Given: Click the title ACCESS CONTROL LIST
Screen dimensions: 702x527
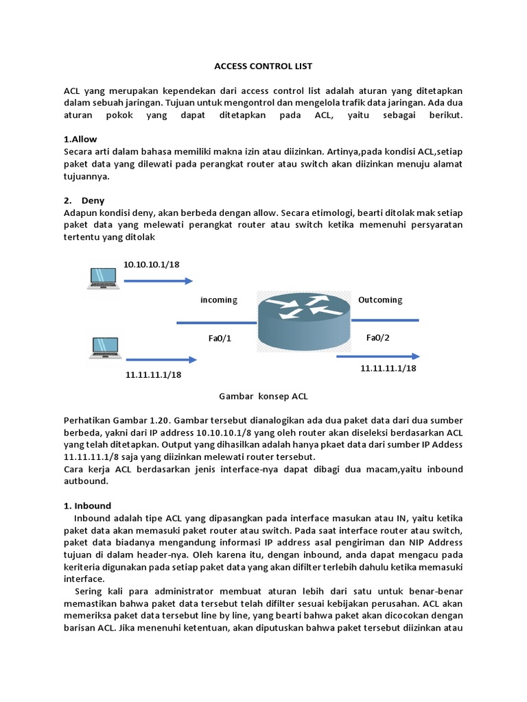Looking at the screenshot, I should pyautogui.click(x=263, y=66).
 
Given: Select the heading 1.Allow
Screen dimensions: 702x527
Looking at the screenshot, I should pyautogui.click(x=80, y=139).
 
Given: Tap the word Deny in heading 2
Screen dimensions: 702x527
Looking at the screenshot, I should pyautogui.click(x=93, y=201).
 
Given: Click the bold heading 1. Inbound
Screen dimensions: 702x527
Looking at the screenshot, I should pyautogui.click(x=87, y=506).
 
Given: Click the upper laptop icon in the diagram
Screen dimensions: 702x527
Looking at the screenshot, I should pyautogui.click(x=104, y=278).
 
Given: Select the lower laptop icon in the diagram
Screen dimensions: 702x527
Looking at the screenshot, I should pyautogui.click(x=104, y=348).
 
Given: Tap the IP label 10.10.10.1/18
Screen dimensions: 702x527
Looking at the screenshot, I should pyautogui.click(x=151, y=264).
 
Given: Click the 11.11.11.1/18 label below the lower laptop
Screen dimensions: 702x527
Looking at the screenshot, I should pyautogui.click(x=153, y=375).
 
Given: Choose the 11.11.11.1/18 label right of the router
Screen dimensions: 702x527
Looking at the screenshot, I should pyautogui.click(x=388, y=368).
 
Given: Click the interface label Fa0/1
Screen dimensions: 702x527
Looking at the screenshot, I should pyautogui.click(x=220, y=338).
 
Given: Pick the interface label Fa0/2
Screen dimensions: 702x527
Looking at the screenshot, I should pyautogui.click(x=378, y=337).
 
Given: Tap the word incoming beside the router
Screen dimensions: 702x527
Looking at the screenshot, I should pyautogui.click(x=218, y=300).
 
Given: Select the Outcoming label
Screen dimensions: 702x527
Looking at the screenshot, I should pyautogui.click(x=380, y=300).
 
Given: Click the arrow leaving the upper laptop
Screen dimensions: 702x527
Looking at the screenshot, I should pyautogui.click(x=158, y=280).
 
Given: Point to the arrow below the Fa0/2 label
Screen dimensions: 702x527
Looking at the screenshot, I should pyautogui.click(x=377, y=356).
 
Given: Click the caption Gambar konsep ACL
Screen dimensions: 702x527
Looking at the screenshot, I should pyautogui.click(x=263, y=396).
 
